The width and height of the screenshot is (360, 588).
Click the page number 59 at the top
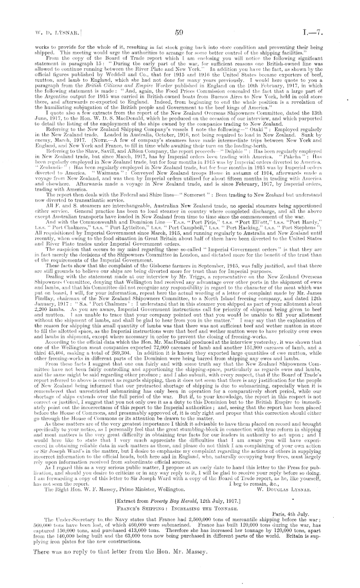pos(179,32)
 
